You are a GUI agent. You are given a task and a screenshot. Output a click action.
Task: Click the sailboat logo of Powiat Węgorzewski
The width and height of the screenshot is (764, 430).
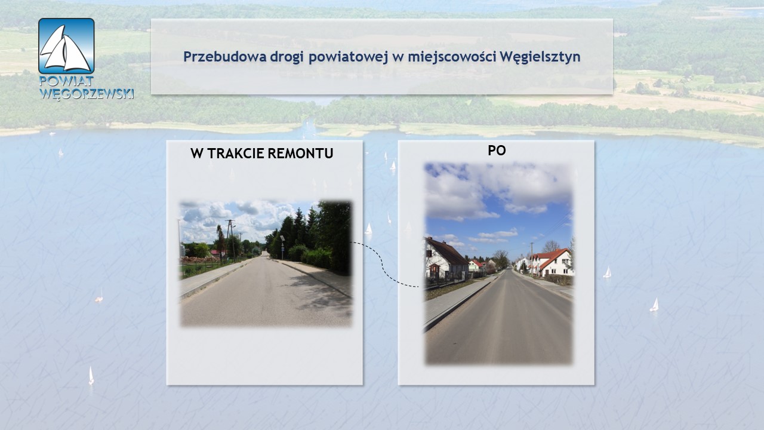[x=66, y=46]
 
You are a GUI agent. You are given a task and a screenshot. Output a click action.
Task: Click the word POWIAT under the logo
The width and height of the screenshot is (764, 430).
[x=66, y=81]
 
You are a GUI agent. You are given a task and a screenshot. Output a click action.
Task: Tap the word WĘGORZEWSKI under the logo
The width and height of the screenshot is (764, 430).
[x=87, y=94]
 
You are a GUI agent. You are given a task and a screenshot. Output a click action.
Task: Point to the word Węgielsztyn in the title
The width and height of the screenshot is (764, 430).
[x=540, y=57]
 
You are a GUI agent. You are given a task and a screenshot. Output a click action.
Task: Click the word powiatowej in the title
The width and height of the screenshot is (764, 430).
[x=348, y=57]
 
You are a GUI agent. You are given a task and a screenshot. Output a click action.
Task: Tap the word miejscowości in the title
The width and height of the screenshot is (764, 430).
[x=452, y=57]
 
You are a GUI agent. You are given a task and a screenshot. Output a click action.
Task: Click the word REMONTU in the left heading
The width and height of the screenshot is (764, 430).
[x=300, y=153]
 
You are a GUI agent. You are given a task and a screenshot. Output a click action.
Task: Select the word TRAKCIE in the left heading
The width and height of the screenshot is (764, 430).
[x=236, y=153]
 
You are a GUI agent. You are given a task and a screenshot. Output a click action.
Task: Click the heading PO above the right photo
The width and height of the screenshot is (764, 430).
[x=497, y=150]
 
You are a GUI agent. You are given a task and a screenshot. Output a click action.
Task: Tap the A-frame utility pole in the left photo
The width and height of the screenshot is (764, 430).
[x=230, y=241]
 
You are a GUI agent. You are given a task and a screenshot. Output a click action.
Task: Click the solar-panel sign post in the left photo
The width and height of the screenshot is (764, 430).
[x=282, y=247]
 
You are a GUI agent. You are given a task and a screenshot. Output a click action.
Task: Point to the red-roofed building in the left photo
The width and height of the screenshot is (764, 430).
[x=215, y=253]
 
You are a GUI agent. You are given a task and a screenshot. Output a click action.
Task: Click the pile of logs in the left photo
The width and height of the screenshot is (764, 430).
[x=199, y=260]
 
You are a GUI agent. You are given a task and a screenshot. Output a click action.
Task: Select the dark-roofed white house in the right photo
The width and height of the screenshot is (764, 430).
[x=445, y=259]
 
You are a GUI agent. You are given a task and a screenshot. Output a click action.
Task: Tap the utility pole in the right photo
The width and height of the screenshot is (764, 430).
[x=531, y=259]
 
